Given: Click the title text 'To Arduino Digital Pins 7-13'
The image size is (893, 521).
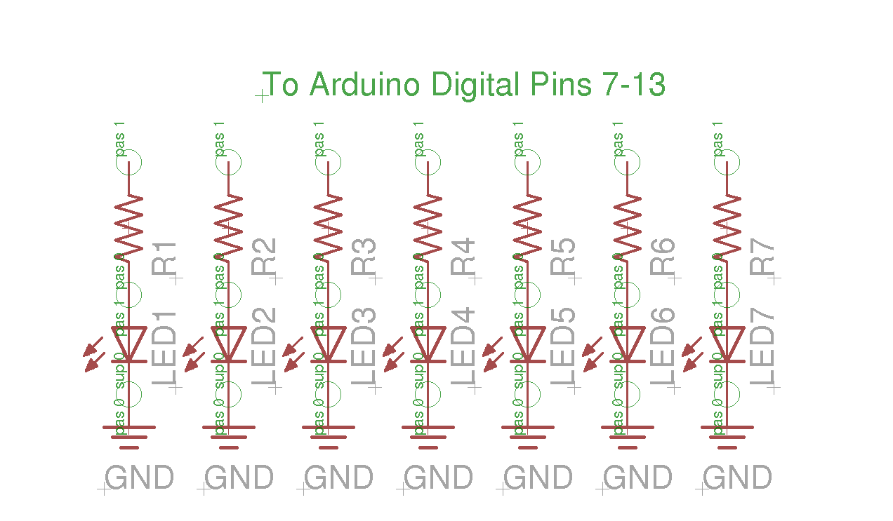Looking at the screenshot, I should [463, 85].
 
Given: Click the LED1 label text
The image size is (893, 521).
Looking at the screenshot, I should [166, 347].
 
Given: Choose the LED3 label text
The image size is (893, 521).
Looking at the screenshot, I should [365, 347].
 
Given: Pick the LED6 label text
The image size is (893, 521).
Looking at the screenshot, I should [664, 347].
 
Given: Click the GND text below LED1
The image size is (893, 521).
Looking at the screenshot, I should [139, 478].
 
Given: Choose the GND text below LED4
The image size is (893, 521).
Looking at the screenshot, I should [438, 478].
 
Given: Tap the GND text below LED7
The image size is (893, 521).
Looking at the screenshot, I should [737, 478].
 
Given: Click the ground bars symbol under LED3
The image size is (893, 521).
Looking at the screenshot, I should [329, 436].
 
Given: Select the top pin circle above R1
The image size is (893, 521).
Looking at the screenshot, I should [129, 163].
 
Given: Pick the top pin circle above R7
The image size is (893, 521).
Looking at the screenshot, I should [727, 163].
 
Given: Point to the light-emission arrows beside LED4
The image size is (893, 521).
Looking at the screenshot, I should [394, 355].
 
